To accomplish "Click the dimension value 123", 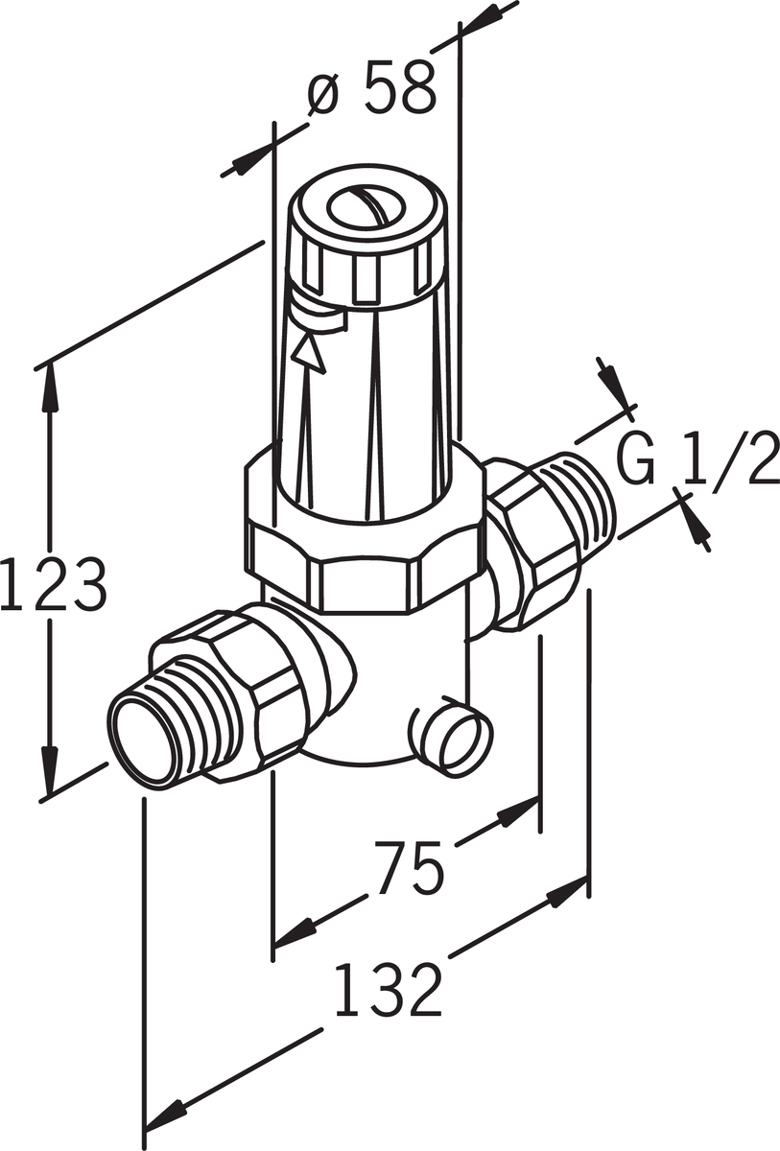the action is pos(54,584).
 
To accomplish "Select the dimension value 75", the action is pos(409,867).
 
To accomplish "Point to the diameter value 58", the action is pos(400,86).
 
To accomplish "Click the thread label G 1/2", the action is pos(697,458).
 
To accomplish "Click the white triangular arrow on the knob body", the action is pos(309,353).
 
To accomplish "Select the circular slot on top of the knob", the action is pos(366,205).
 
